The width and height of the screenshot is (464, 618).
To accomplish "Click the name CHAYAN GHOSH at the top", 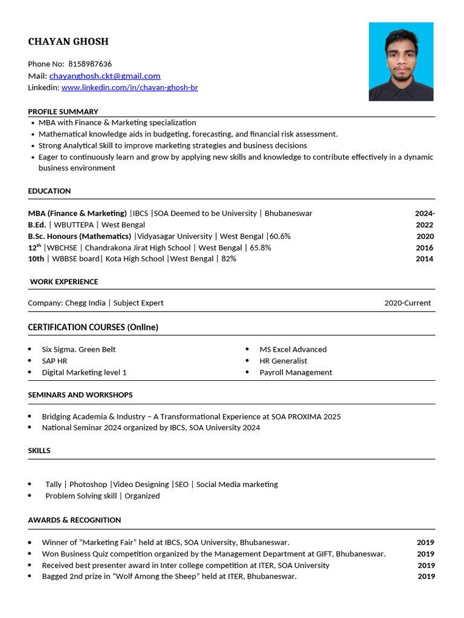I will coord(68,42).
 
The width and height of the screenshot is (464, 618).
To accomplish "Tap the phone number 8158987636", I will coord(90,64).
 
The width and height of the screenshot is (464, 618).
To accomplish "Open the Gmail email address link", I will coord(105,76).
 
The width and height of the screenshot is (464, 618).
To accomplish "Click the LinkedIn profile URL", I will coord(129,88).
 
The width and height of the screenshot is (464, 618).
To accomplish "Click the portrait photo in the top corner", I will coord(401,62).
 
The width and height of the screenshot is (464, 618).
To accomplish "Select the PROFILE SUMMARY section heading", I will coord(63,112).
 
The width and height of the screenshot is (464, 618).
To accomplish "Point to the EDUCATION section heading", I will coord(50,191).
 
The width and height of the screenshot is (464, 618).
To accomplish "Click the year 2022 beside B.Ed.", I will coord(424,225).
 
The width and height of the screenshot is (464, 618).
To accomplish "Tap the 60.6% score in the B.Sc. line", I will coord(280,237).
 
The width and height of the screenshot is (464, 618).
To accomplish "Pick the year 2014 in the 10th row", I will coord(424,259).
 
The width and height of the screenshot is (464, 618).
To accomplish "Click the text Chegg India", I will coord(85,303).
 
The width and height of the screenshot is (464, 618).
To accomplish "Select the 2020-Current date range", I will coord(407,303).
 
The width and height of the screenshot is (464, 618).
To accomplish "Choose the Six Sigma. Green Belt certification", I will coord(79,349).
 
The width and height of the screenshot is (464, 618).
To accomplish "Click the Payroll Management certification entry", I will coord(295,372).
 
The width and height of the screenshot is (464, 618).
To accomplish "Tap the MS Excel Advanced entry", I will coord(293,349).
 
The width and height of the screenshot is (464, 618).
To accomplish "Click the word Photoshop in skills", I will coord(88,485).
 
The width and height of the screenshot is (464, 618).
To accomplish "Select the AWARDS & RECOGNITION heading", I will coord(74,520).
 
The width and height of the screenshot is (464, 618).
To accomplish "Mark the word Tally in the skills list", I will coord(53,485).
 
